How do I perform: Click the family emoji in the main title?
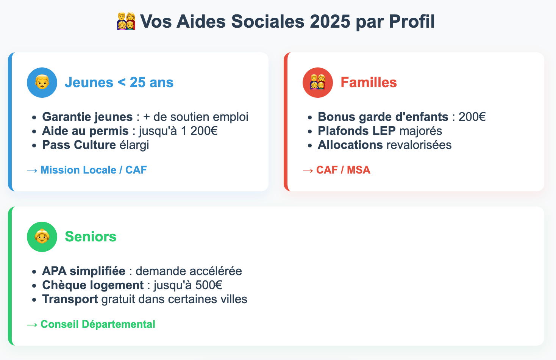click(x=126, y=21)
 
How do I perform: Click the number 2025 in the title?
click(x=330, y=21)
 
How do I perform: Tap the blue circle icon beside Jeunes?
click(x=42, y=83)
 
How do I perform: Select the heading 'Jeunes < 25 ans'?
click(x=119, y=83)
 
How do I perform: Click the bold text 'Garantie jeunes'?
click(x=87, y=117)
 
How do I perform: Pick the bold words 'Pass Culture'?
click(x=79, y=145)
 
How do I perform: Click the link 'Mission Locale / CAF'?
click(x=94, y=170)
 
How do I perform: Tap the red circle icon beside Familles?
click(x=318, y=83)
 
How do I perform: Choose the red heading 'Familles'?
click(x=369, y=83)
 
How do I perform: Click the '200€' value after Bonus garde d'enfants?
click(x=472, y=117)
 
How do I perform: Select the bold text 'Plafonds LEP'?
click(x=357, y=131)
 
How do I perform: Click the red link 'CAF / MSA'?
click(x=343, y=170)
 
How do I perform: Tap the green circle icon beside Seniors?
click(x=42, y=237)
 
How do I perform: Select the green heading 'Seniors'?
click(x=91, y=236)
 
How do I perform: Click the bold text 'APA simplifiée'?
click(x=84, y=271)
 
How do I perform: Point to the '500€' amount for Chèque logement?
click(x=209, y=285)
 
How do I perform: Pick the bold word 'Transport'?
click(x=70, y=299)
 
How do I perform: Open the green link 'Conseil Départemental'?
click(x=98, y=324)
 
